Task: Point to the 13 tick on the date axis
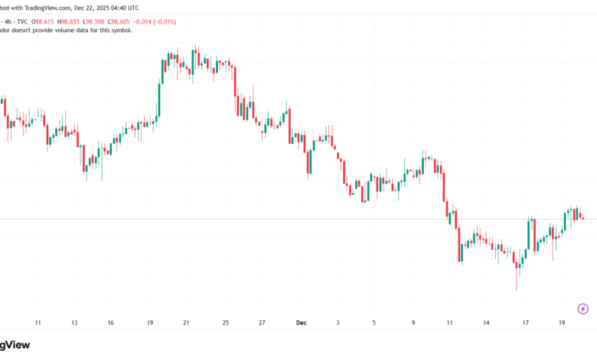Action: tap(73, 323)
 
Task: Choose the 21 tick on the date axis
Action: tap(187, 323)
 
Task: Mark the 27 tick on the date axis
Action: tap(262, 323)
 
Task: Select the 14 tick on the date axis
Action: tap(487, 323)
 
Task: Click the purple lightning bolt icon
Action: tap(583, 309)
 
